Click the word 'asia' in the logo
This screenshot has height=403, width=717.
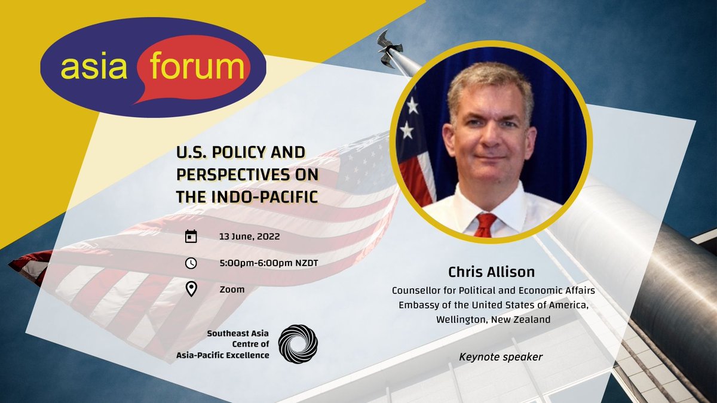pos(89,67)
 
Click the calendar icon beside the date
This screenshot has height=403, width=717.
pos(191,236)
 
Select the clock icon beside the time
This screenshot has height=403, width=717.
pos(191,263)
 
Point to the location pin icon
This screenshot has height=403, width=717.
pos(191,290)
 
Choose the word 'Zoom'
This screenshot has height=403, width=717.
pos(232,290)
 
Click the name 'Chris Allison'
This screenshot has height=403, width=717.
pos(491,272)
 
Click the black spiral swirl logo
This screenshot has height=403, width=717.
pos(298,344)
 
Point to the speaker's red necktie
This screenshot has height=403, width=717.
pos(485,224)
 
